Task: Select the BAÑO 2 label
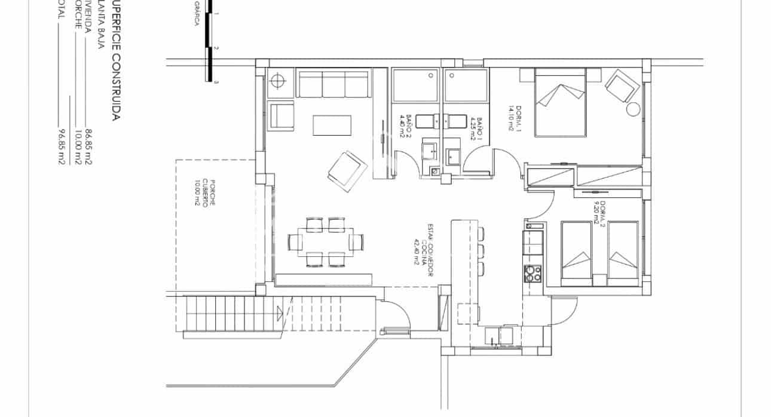[407, 126]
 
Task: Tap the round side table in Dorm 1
[633, 109]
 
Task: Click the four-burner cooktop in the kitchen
[533, 273]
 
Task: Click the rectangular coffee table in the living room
[333, 125]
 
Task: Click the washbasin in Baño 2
[429, 150]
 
